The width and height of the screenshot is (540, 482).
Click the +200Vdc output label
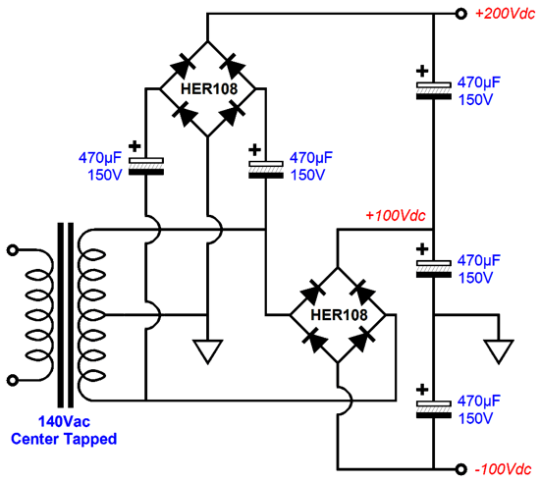tap(505, 14)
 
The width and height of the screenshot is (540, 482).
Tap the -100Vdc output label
tap(503, 469)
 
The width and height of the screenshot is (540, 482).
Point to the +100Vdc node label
tap(396, 216)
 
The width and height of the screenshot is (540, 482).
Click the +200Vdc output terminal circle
tap(460, 14)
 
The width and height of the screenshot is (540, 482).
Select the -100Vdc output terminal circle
tap(460, 469)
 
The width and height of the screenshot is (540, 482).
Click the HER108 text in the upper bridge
tap(209, 88)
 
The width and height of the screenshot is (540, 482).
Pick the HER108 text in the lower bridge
tap(340, 315)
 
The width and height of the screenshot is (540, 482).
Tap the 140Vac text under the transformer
tap(64, 421)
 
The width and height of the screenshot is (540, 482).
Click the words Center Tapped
tap(64, 439)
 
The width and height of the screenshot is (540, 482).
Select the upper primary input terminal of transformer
tap(13, 250)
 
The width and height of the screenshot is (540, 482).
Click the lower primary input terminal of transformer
tap(13, 381)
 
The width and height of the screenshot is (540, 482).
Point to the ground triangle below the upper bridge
tap(208, 351)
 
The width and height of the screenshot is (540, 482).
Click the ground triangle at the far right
tap(499, 351)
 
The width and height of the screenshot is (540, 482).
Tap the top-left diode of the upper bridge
tap(184, 66)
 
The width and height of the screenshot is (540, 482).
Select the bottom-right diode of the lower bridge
tap(361, 339)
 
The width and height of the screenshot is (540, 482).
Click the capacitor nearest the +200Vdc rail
tap(434, 90)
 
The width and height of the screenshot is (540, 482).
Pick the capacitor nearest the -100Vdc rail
tap(434, 409)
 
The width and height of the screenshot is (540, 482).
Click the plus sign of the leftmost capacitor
tap(135, 146)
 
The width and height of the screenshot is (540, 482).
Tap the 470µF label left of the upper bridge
tap(100, 158)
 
